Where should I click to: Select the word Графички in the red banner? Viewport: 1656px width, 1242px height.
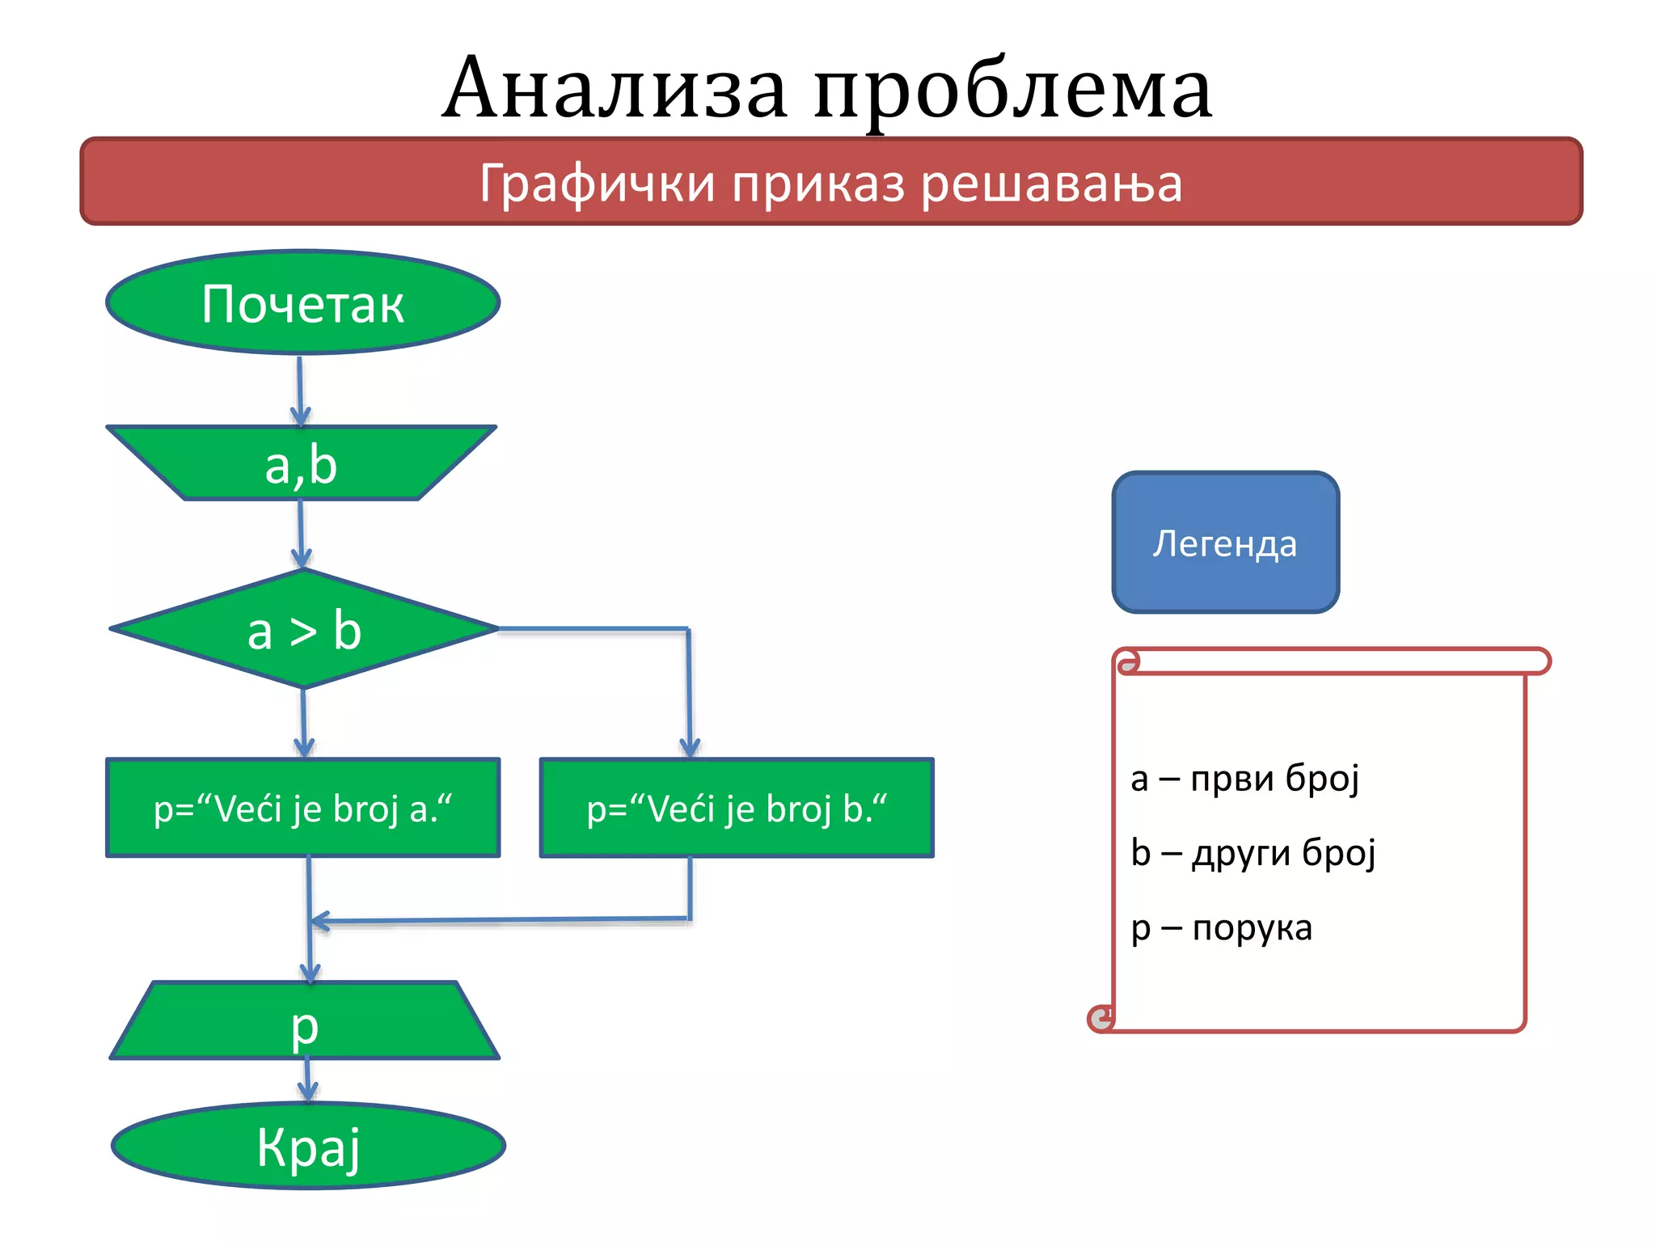pos(597,184)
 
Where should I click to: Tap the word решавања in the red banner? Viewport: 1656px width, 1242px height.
pos(1051,184)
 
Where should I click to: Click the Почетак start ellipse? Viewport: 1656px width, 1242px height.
pos(302,302)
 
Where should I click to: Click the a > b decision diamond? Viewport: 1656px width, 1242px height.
pos(304,630)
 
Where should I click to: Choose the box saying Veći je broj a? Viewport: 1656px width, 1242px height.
pos(302,808)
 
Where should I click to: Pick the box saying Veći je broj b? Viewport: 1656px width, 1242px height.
pos(736,808)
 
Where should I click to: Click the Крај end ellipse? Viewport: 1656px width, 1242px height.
pos(308,1146)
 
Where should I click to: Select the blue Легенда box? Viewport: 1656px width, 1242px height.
pos(1225,543)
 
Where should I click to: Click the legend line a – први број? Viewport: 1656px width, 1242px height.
pos(1244,778)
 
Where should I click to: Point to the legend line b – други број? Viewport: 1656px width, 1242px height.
pos(1253,852)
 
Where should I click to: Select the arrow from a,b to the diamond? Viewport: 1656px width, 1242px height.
pos(301,534)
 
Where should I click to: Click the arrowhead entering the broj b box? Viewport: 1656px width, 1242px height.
pos(690,748)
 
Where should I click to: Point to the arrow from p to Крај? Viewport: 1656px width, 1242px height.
pos(307,1080)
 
